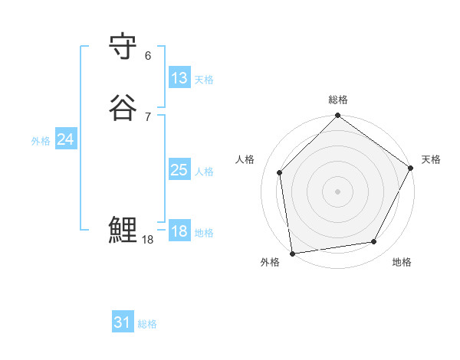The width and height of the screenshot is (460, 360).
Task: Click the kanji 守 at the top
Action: point(123,49)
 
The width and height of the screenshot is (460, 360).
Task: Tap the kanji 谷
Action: point(123,106)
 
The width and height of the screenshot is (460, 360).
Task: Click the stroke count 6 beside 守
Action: point(148,56)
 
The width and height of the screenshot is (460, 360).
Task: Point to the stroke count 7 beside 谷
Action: point(148,116)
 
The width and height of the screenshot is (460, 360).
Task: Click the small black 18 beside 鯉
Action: point(148,241)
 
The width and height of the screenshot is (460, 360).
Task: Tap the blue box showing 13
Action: point(179,78)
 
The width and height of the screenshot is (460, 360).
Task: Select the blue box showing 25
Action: point(179,170)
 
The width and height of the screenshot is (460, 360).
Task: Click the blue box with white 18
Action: point(179,231)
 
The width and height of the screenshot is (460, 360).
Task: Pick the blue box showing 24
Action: point(66,139)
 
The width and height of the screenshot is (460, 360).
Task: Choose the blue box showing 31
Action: point(123,322)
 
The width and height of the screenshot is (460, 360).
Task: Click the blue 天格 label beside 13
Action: point(204,80)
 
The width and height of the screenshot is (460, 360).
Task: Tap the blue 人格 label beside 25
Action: point(204,172)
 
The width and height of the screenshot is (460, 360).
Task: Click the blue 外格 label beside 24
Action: point(41,141)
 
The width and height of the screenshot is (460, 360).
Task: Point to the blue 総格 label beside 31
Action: point(147,324)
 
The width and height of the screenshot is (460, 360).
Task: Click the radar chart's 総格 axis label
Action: point(338,100)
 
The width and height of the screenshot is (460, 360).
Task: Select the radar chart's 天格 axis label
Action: point(432,159)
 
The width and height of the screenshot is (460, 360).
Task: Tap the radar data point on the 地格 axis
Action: point(374,242)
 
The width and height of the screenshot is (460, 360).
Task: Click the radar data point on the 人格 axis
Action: point(280,172)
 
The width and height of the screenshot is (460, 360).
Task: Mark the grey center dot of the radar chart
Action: point(338,191)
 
